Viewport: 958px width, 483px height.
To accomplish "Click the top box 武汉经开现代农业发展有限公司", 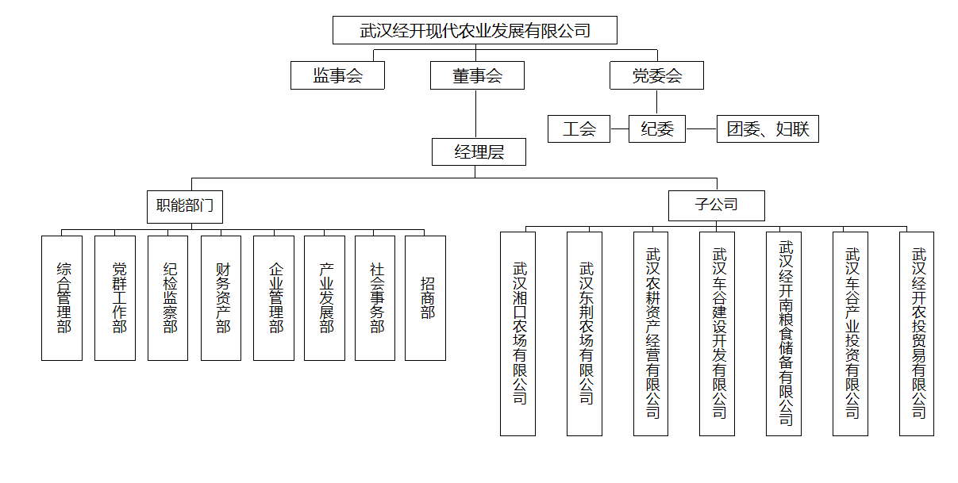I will tap(475, 31).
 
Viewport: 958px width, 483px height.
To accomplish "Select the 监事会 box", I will tap(337, 76).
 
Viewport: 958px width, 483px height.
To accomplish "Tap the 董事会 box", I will tap(477, 76).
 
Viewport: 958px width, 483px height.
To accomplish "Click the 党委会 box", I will tap(656, 76).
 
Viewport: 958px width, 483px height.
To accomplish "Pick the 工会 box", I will tap(579, 128).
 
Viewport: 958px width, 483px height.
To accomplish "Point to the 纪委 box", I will tap(657, 128).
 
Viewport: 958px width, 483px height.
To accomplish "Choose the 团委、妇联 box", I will tap(768, 128).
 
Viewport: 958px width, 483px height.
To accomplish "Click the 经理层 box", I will tap(479, 151).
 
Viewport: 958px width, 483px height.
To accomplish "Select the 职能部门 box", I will tap(185, 206).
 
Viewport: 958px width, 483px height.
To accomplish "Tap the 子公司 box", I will tap(717, 205).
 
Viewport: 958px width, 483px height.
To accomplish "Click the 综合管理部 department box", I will tap(62, 298).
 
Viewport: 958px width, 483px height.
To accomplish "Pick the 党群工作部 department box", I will tap(115, 298).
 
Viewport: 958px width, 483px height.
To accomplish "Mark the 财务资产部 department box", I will tap(221, 298).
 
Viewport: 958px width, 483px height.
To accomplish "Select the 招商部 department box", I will tap(425, 298).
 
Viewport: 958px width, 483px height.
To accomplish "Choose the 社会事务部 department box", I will tap(375, 298).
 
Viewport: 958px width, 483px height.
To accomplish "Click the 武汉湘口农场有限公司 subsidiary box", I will tap(517, 333).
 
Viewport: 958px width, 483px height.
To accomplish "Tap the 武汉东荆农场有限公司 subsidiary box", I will tap(584, 333).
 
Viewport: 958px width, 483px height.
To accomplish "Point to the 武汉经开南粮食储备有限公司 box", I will tap(783, 333).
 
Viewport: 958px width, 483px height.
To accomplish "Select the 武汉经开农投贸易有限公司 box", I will tap(916, 333).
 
